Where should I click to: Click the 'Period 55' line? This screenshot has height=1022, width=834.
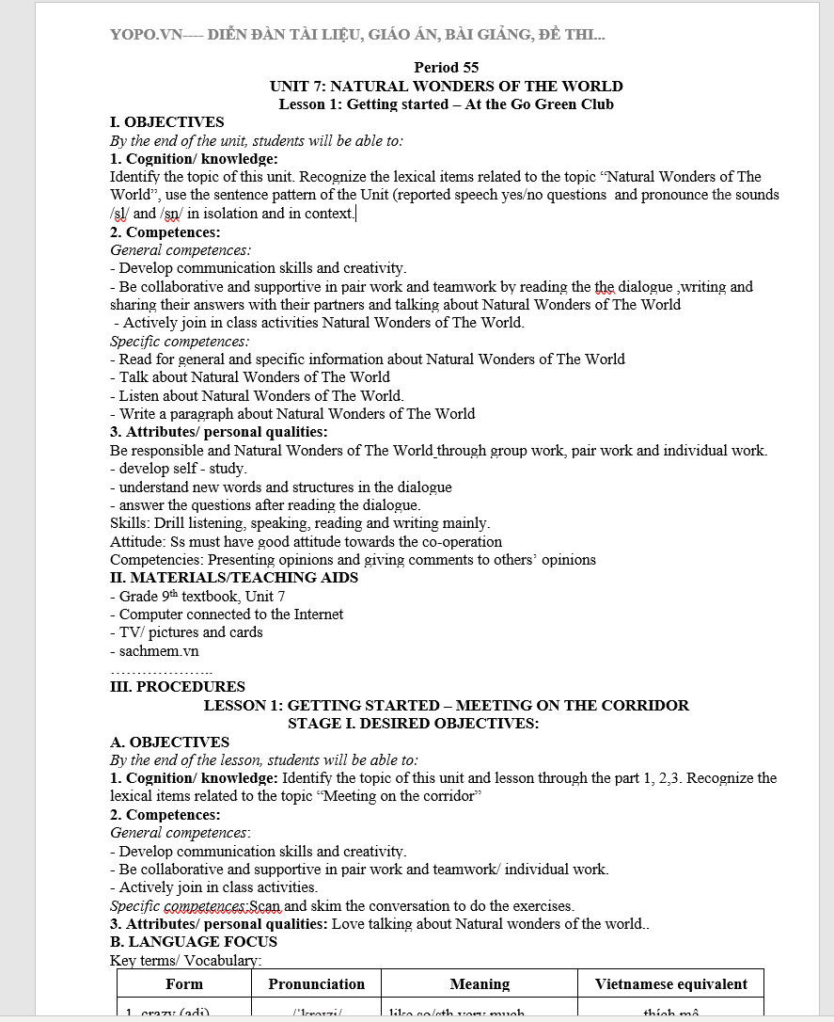coord(446,68)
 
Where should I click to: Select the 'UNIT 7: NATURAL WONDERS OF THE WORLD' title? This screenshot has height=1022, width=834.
coord(446,86)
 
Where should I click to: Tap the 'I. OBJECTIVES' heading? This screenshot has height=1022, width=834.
coord(167,122)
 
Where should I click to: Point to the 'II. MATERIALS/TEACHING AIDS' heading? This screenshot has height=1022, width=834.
coord(234,578)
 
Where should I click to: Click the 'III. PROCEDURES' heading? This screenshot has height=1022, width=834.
coord(178,687)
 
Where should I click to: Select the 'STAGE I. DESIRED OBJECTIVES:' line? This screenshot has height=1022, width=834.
coord(413,724)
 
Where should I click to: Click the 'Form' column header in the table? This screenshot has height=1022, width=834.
coord(183,984)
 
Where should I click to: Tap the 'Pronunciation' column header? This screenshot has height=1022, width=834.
coord(316,984)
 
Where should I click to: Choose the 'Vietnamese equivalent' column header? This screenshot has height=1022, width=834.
coord(670,984)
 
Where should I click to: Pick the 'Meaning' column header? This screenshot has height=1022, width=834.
coord(480,984)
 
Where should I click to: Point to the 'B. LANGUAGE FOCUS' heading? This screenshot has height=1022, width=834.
coord(194,942)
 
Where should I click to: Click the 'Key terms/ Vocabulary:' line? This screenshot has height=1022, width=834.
coord(185,961)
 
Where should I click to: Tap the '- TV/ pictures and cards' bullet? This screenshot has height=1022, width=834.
coord(186,632)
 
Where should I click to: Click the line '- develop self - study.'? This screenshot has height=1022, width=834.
coord(179,469)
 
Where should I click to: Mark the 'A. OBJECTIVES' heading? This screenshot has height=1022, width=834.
coord(169,743)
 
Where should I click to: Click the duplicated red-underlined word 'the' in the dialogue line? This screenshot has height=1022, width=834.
coord(605,287)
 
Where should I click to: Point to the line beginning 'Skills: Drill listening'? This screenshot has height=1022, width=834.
coord(299,523)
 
